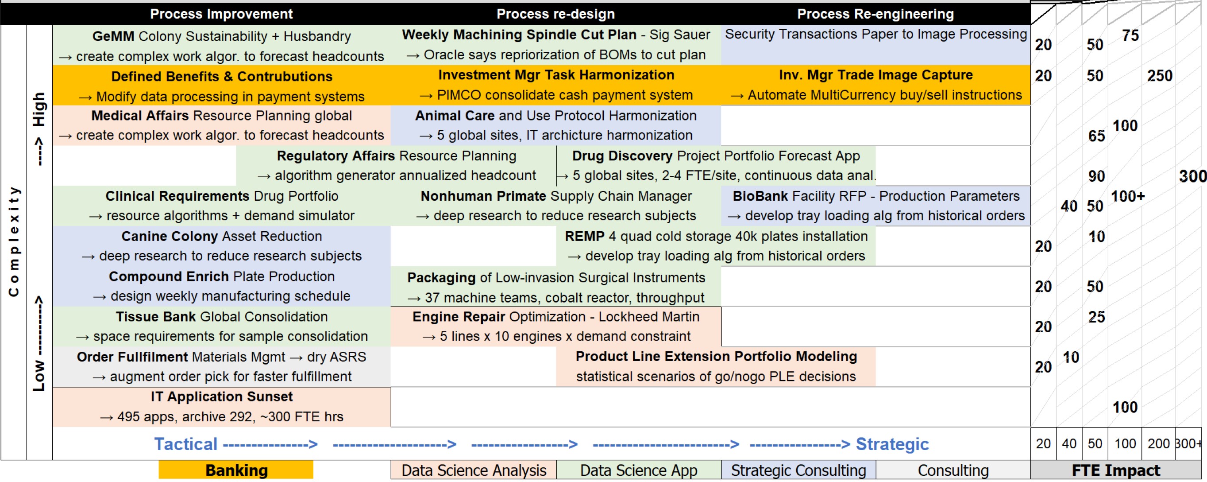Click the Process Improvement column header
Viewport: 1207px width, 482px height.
pyautogui.click(x=221, y=14)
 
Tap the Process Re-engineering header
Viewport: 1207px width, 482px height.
pyautogui.click(x=875, y=14)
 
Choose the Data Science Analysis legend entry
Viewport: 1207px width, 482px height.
pyautogui.click(x=474, y=470)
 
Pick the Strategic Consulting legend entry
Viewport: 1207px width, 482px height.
pyautogui.click(x=798, y=470)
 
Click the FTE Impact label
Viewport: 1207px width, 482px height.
pyautogui.click(x=1116, y=470)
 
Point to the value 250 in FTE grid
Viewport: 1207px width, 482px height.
pyautogui.click(x=1159, y=75)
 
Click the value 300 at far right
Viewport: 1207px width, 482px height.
pyautogui.click(x=1192, y=176)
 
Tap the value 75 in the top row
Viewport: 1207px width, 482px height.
pyautogui.click(x=1130, y=35)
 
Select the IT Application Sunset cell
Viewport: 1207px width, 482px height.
pyautogui.click(x=222, y=407)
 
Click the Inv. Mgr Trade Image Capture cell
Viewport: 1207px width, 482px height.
pyautogui.click(x=875, y=85)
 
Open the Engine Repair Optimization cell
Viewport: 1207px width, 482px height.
pyautogui.click(x=556, y=327)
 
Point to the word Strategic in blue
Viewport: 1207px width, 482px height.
pyautogui.click(x=892, y=443)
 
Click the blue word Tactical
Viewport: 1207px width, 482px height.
pyautogui.click(x=186, y=443)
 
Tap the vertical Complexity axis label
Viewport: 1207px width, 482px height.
pyautogui.click(x=14, y=241)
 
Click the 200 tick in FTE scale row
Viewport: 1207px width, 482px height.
pyautogui.click(x=1158, y=443)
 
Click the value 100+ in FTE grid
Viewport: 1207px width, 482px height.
pyautogui.click(x=1127, y=196)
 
